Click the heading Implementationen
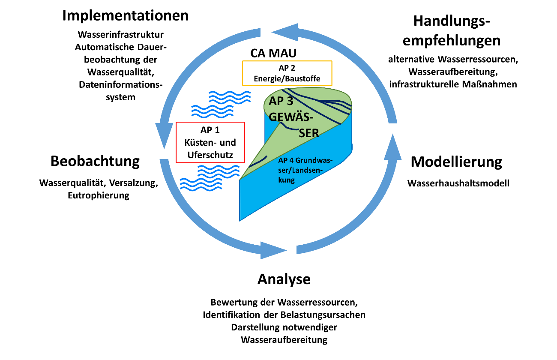tap(125, 16)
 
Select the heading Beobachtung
tap(95, 162)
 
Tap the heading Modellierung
tap(456, 162)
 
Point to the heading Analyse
tap(284, 279)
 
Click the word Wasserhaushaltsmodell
tap(458, 183)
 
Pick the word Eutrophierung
tap(99, 195)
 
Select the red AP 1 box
tap(210, 142)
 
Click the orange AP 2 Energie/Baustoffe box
tap(287, 73)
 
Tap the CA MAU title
tap(273, 53)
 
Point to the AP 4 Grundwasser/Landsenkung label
tap(305, 170)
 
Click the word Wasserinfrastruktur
tap(120, 35)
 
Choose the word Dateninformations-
tap(120, 85)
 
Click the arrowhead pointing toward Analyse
tap(273, 250)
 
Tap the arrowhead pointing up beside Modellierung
tap(392, 147)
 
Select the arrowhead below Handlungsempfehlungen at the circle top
tap(285, 32)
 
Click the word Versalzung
tap(134, 183)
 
